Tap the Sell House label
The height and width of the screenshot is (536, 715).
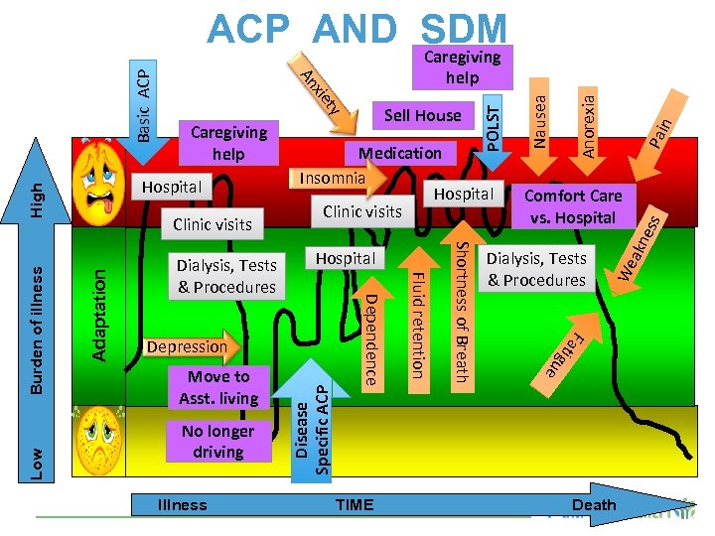point(423,115)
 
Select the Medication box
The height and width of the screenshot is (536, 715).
point(400,153)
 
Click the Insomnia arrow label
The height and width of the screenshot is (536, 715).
point(333,178)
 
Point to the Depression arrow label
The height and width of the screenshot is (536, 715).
point(187,346)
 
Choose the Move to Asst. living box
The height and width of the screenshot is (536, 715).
point(218,388)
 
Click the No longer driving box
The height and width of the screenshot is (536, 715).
point(218,442)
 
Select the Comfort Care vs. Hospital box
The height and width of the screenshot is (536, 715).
point(573,206)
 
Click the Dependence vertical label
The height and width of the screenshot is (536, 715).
point(369,338)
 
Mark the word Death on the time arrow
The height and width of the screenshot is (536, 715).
point(594,505)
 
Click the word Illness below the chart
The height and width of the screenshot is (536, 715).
point(183,505)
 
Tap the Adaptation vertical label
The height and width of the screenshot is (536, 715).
point(99,298)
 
